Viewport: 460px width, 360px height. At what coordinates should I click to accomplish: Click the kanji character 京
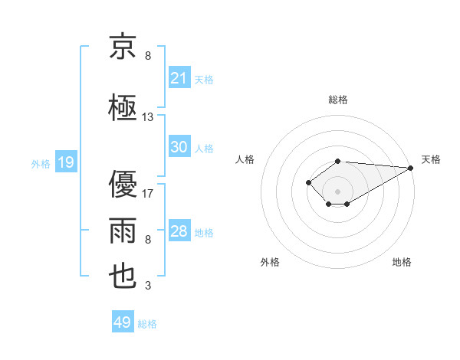tap(123, 47)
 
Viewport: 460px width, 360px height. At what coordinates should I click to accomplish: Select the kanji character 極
tap(123, 107)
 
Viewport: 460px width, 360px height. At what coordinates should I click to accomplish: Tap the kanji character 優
tap(123, 184)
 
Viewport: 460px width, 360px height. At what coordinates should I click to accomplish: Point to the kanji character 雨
tap(123, 231)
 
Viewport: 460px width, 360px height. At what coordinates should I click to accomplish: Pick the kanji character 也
tap(123, 277)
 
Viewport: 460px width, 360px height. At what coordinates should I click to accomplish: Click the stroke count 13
tap(147, 117)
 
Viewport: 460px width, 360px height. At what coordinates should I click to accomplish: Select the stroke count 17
tap(147, 194)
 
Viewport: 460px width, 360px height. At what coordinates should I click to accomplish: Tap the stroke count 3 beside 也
tap(148, 285)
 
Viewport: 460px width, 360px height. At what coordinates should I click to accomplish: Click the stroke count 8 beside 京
tap(148, 55)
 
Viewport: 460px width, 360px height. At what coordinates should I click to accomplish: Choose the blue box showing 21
tap(180, 77)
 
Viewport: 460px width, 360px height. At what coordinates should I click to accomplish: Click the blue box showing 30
tap(180, 146)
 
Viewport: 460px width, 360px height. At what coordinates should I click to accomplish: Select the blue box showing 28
tap(180, 230)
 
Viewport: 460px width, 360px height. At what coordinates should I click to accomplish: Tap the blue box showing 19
tap(66, 162)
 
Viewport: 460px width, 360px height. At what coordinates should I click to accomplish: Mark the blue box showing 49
tap(123, 321)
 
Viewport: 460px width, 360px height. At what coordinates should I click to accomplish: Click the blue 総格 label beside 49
tap(147, 324)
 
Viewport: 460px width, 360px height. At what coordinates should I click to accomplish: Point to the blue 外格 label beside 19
tap(41, 164)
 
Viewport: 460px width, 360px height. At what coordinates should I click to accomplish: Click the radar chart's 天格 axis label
tap(431, 159)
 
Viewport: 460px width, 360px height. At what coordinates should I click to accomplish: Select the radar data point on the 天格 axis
tap(411, 168)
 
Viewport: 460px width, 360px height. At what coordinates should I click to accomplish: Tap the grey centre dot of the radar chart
tap(337, 191)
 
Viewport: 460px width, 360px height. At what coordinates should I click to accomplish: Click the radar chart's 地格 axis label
tap(402, 262)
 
